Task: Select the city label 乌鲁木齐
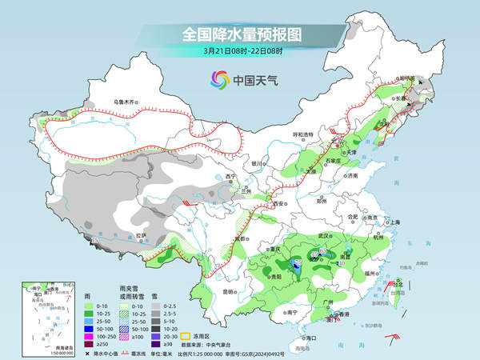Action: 126,102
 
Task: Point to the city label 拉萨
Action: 141,234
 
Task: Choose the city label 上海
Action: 394,222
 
